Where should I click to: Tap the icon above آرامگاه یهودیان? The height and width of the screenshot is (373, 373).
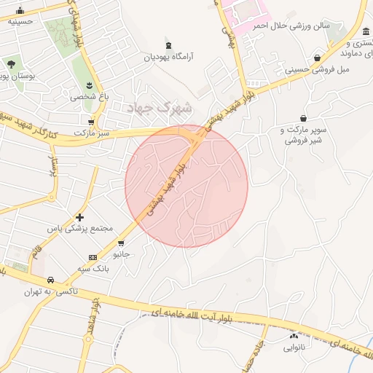tap(168, 44)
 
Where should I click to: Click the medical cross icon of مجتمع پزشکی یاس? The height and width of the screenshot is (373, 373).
tap(80, 217)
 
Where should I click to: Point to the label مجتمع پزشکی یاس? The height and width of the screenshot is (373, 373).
tap(87, 228)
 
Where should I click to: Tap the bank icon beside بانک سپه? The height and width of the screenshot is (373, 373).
tap(93, 257)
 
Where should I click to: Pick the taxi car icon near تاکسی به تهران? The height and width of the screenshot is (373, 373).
tap(50, 280)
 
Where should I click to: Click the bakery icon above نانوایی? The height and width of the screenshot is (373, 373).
tap(294, 336)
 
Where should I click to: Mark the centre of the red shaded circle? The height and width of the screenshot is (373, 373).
tap(186, 186)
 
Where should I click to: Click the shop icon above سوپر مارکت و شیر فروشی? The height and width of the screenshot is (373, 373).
tap(303, 118)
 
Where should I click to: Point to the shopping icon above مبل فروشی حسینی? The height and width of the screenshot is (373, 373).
tap(317, 58)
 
